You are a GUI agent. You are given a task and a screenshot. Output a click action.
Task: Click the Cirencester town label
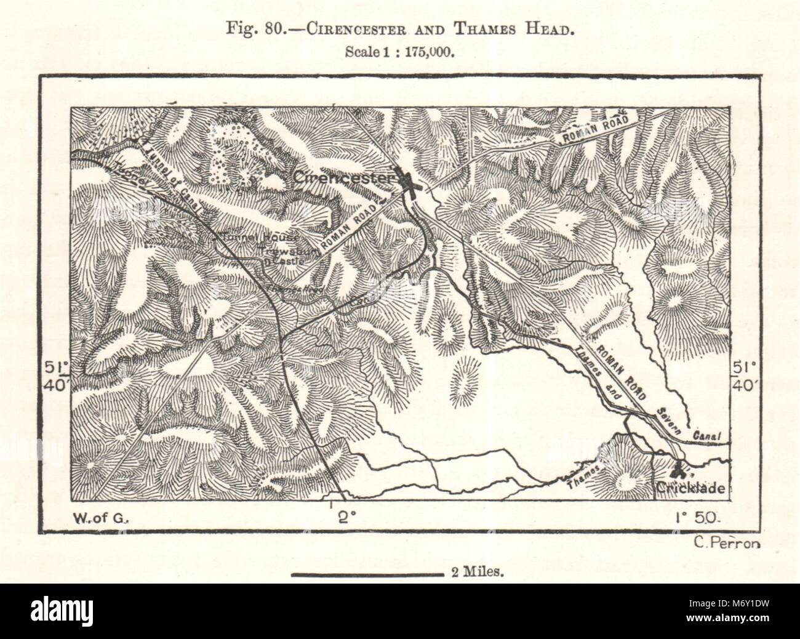[342, 178]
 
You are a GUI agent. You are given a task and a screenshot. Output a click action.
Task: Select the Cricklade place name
[686, 489]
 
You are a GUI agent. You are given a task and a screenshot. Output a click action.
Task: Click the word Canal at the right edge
[707, 436]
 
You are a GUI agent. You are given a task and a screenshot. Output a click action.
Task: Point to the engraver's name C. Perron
[726, 542]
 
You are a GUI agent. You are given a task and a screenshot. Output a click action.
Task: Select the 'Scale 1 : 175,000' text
[400, 52]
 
